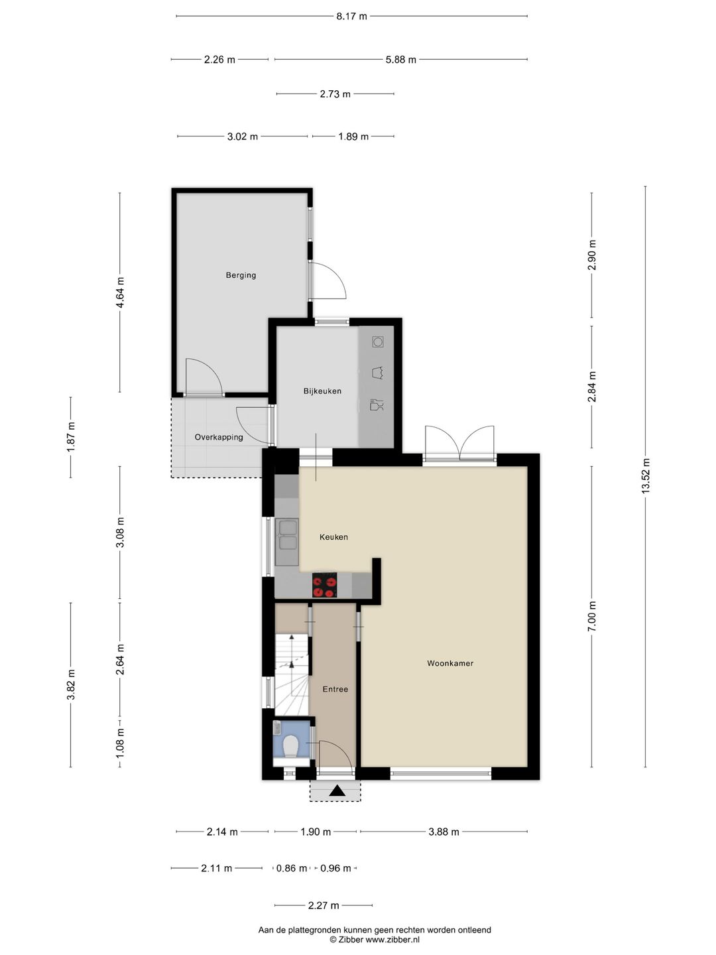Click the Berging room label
[x=241, y=275]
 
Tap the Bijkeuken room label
[x=322, y=391]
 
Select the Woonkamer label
[x=450, y=663]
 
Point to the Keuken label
[x=333, y=537]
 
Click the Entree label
[x=335, y=689]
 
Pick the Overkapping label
[x=219, y=437]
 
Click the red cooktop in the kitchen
[x=325, y=585]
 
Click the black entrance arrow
[x=337, y=791]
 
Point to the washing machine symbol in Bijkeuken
[x=378, y=342]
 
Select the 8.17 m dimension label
[x=351, y=17]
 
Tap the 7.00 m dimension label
[x=591, y=616]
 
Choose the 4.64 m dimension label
[x=120, y=292]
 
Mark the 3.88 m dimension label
[x=444, y=832]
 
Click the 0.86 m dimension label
[x=292, y=868]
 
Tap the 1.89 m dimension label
[x=353, y=137]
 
